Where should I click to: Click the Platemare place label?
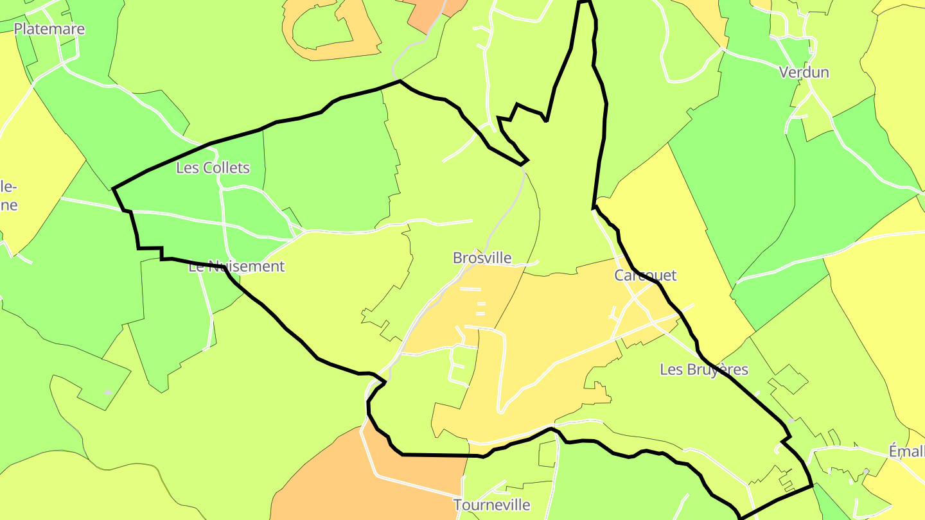(49, 29)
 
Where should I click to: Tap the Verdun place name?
(804, 72)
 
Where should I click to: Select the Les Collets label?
(213, 168)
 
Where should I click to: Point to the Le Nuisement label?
(236, 266)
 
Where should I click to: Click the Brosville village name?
(482, 257)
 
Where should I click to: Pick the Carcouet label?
(645, 275)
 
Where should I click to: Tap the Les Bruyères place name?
(704, 369)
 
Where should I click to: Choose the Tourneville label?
(491, 505)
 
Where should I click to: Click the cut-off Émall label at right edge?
(906, 451)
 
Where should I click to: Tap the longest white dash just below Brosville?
(470, 290)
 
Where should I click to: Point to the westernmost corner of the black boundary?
(113, 189)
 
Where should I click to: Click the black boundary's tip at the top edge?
(583, 2)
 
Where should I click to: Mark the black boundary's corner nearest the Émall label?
(812, 485)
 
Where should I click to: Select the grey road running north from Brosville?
(507, 212)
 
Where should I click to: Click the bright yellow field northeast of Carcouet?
(662, 212)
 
